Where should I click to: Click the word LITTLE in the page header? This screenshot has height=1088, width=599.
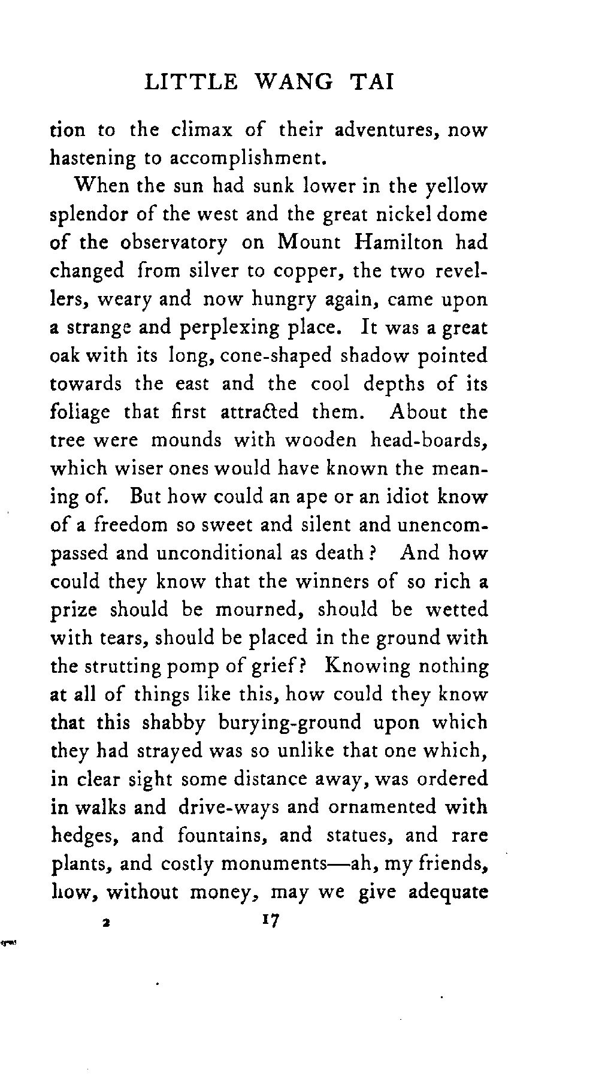click(x=191, y=81)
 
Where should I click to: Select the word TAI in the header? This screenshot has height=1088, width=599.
click(x=371, y=81)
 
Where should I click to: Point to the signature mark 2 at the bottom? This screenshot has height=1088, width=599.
click(x=105, y=923)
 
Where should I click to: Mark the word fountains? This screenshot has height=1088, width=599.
click(x=245, y=835)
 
